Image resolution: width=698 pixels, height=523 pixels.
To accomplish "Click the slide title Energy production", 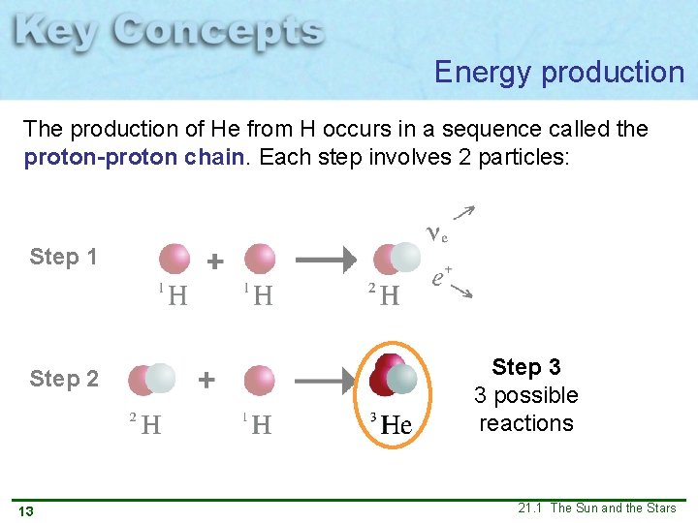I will tap(559, 72).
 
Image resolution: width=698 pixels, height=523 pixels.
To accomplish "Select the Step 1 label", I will tap(63, 257).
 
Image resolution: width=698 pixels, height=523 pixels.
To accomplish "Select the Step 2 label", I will tap(63, 379).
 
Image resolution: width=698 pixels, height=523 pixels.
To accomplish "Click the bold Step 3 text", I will tap(525, 367).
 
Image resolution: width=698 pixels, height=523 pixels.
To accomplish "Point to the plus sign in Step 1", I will tap(215, 261).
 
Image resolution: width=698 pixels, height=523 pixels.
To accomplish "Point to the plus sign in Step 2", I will tap(206, 381).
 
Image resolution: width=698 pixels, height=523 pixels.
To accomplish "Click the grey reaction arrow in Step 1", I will tap(326, 260).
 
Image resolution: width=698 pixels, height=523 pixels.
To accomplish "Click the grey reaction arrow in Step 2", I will tap(326, 381).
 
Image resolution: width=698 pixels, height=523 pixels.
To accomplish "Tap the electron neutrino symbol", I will tap(436, 232).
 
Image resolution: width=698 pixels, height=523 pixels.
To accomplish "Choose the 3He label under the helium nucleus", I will tap(392, 423).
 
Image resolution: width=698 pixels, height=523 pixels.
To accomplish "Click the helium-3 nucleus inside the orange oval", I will tap(392, 380).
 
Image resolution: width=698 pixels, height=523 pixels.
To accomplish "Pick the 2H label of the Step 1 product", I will tap(384, 294).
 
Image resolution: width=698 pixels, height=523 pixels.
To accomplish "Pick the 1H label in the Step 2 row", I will tap(257, 423).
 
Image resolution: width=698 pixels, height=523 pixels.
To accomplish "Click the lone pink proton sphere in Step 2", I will tap(260, 381).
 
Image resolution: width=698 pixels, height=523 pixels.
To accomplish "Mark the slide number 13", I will tap(26, 510).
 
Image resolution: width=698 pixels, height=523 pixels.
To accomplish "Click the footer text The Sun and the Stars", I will tap(613, 508).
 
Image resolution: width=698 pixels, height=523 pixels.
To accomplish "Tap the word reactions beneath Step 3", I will tap(525, 423).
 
